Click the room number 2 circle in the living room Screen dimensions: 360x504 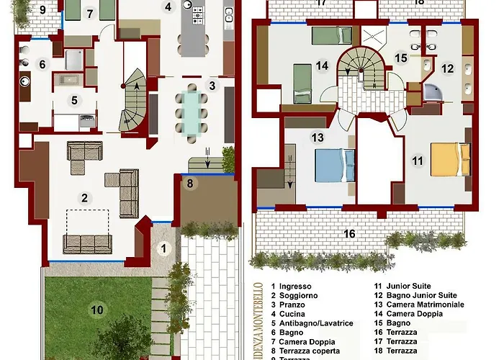click(x=84, y=198)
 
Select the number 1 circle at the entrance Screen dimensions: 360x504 click(x=163, y=249)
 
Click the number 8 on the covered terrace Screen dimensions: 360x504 click(x=190, y=184)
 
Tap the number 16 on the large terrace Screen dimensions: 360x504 click(x=349, y=233)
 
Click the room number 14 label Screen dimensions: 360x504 click(x=322, y=66)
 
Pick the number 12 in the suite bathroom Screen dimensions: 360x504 click(x=448, y=69)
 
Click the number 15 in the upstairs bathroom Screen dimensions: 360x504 click(x=401, y=58)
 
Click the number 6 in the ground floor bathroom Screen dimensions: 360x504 click(x=42, y=65)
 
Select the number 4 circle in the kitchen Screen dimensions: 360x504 click(x=168, y=8)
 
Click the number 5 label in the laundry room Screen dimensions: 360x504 click(x=73, y=100)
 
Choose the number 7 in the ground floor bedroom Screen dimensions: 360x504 click(x=89, y=13)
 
